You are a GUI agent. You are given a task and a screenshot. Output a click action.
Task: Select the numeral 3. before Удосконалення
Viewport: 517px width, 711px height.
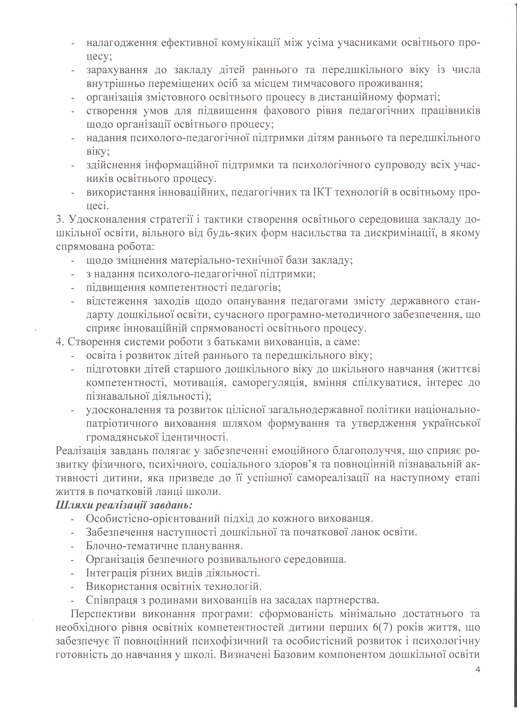(60, 219)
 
